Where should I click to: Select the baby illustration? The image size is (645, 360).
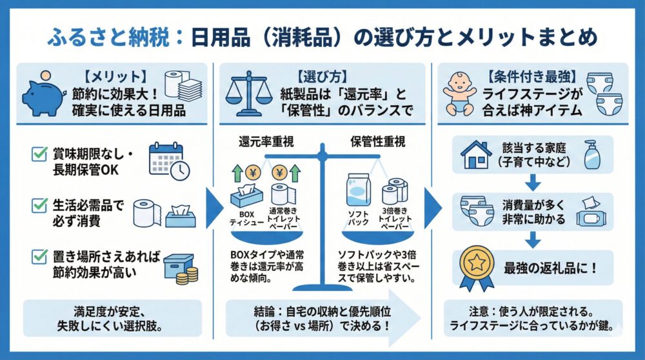(462, 92)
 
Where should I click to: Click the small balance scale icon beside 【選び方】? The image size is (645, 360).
(248, 92)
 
